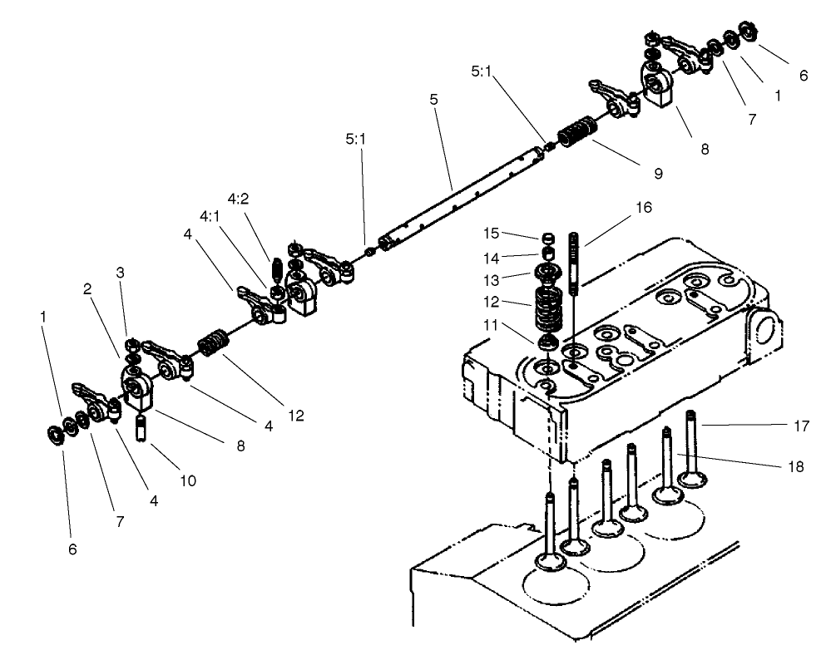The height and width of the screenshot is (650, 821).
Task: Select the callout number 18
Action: point(795,466)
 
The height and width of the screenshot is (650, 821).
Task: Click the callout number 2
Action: point(86,288)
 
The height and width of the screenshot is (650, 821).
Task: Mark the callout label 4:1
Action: point(209,215)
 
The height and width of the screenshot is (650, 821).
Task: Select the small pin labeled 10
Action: point(141,432)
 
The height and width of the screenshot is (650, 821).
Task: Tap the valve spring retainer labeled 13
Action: point(548,273)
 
